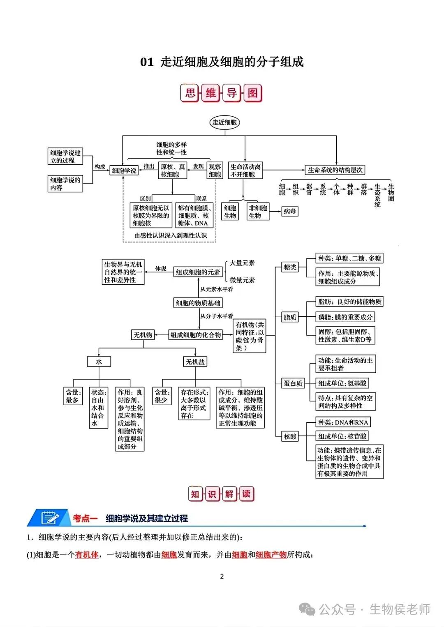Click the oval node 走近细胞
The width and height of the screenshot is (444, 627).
pos(224,122)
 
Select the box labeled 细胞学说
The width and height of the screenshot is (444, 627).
pos(124,170)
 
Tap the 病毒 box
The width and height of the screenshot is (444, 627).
pos(290,211)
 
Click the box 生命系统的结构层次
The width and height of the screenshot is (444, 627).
pos(335,170)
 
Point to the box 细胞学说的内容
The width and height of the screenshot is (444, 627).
pos(65,184)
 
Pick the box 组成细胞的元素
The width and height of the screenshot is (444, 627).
pos(198,272)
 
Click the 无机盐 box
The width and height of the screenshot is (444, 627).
pos(195,362)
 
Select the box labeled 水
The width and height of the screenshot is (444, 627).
pos(99,362)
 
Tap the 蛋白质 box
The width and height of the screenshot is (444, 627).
pos(293,383)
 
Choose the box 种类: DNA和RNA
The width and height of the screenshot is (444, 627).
pos(343,422)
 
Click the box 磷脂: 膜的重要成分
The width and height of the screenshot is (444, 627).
pos(345,317)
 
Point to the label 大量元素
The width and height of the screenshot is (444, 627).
pos(242,263)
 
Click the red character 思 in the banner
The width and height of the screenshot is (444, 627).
pos(190,93)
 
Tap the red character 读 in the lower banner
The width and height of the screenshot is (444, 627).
pos(246,494)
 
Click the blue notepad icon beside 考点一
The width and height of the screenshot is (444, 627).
pos(50,518)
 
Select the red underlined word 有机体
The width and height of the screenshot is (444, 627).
pos(87,555)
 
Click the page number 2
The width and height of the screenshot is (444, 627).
pos(222,576)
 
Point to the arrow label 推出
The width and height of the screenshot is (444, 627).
pos(149,166)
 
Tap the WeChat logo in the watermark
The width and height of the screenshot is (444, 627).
pos(307,609)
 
